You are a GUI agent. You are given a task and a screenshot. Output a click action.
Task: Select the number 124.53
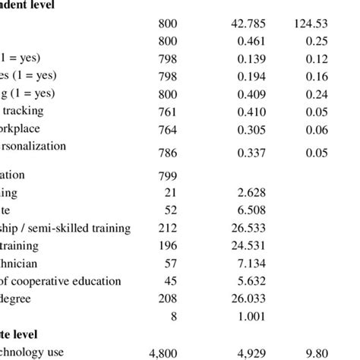pyautogui.click(x=308, y=23)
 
